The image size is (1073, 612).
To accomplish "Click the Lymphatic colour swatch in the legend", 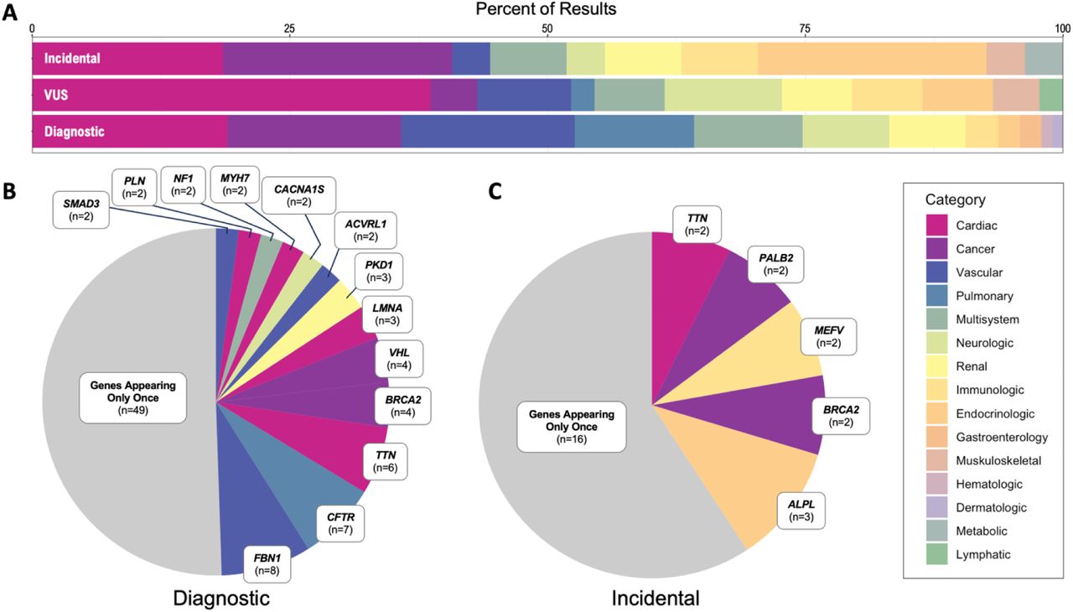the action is tap(936, 554).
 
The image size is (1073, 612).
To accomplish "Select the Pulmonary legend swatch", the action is tap(936, 296).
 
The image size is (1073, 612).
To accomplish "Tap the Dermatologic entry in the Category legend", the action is tap(991, 507).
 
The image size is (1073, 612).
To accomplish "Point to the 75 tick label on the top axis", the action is tap(806, 29).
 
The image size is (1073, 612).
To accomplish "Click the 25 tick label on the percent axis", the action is tap(289, 29).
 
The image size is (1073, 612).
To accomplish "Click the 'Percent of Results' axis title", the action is tap(546, 8).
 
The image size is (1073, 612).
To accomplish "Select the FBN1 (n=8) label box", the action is tap(267, 564).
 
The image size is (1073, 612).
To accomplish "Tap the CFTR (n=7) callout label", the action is tap(340, 523).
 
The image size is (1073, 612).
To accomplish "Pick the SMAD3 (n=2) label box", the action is tap(81, 210).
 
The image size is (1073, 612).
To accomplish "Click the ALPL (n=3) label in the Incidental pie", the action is tap(801, 511).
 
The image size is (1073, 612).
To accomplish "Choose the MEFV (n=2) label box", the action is tap(829, 337).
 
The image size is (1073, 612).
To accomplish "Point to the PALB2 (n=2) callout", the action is tap(776, 264).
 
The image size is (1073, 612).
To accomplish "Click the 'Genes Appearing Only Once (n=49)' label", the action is tap(132, 398).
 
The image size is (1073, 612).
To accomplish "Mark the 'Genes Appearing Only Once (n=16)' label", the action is tap(572, 427).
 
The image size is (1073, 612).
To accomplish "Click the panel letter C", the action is tap(495, 191).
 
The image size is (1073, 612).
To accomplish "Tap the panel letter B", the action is tap(9, 191).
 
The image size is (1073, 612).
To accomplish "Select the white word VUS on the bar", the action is tap(56, 95).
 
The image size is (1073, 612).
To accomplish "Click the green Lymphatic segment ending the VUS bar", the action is tap(1051, 95).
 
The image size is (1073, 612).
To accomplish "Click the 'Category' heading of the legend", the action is tap(955, 200).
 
